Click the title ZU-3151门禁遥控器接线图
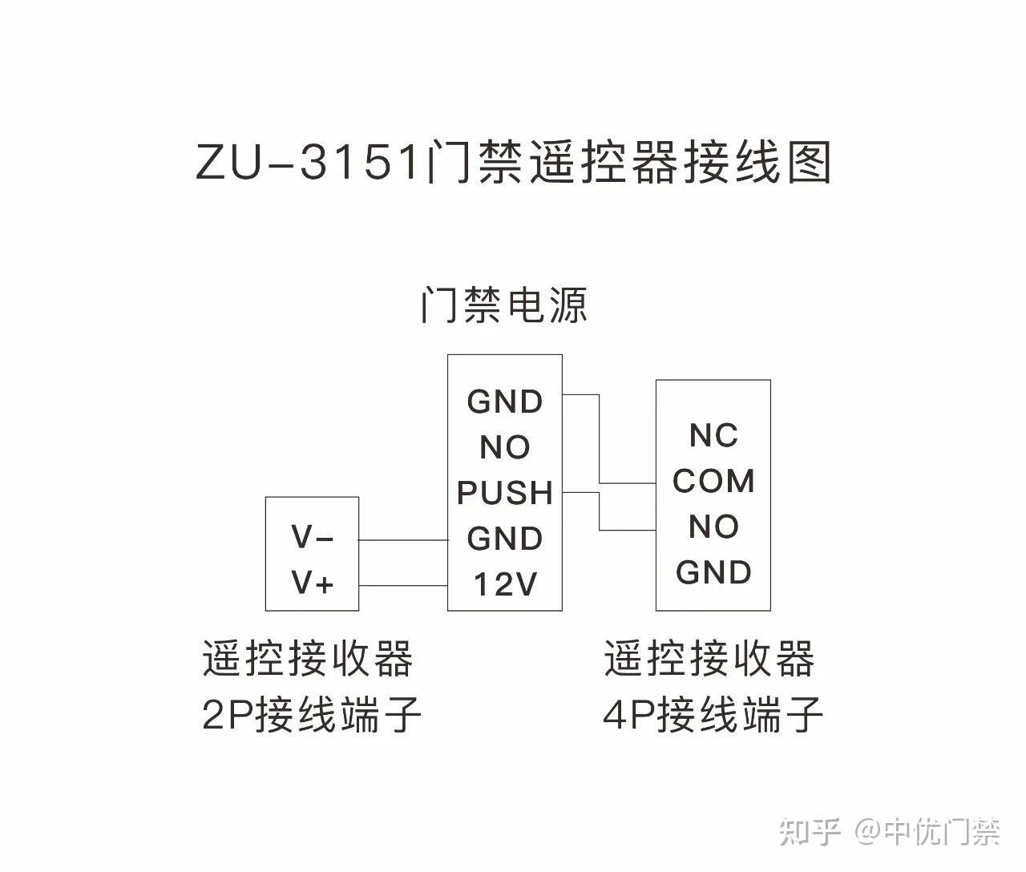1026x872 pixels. [513, 163]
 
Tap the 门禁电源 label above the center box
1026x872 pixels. [503, 305]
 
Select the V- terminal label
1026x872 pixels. [312, 537]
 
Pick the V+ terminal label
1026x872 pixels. [312, 583]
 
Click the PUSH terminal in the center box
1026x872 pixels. [504, 493]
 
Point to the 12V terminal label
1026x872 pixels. [504, 584]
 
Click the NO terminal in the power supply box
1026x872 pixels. [504, 447]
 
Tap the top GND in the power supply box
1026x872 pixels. [504, 402]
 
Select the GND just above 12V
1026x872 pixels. [504, 539]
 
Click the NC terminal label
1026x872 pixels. [713, 435]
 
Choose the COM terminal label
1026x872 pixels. [713, 481]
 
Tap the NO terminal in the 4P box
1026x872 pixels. [713, 527]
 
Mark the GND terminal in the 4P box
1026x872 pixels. [713, 572]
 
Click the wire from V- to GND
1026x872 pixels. [402, 540]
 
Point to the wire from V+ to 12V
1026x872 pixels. [402, 586]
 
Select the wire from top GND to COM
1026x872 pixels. [600, 441]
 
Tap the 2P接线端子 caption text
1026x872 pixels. [311, 714]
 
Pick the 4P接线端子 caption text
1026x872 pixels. [713, 714]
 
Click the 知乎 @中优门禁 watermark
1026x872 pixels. [890, 832]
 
